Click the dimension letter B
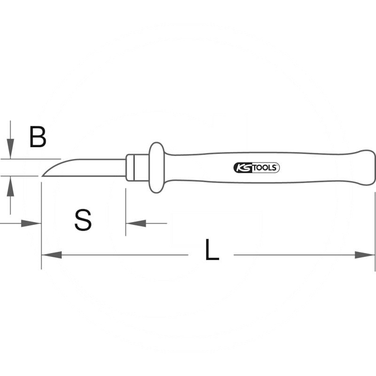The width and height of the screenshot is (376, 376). tap(38, 137)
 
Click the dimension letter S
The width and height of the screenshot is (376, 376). tap(83, 220)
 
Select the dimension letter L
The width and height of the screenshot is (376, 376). tap(212, 250)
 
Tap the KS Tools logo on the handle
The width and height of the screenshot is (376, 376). tap(256, 168)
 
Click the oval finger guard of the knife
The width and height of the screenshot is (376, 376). tap(157, 168)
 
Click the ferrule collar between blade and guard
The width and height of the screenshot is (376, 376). tap(138, 168)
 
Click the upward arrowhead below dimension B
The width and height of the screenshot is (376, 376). tap(10, 186)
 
